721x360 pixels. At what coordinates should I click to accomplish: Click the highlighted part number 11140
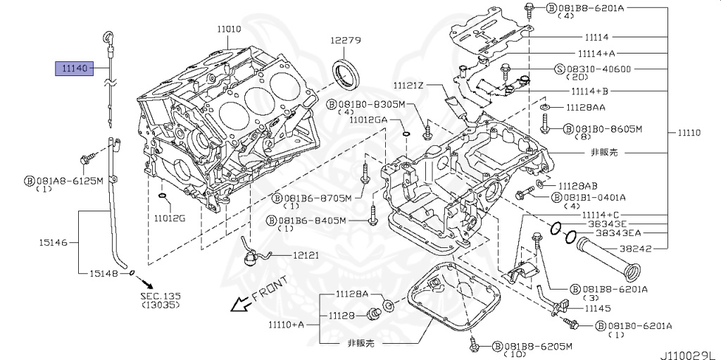pyautogui.click(x=74, y=68)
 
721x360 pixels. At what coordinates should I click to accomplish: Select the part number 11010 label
pyautogui.click(x=229, y=29)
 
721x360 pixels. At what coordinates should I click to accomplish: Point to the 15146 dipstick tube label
pyautogui.click(x=53, y=242)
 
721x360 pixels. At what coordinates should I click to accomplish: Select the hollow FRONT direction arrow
pyautogui.click(x=242, y=304)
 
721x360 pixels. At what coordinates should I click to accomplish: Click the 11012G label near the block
pyautogui.click(x=170, y=218)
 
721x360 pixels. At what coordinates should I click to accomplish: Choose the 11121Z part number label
pyautogui.click(x=408, y=85)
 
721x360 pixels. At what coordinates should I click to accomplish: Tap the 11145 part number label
pyautogui.click(x=597, y=308)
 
